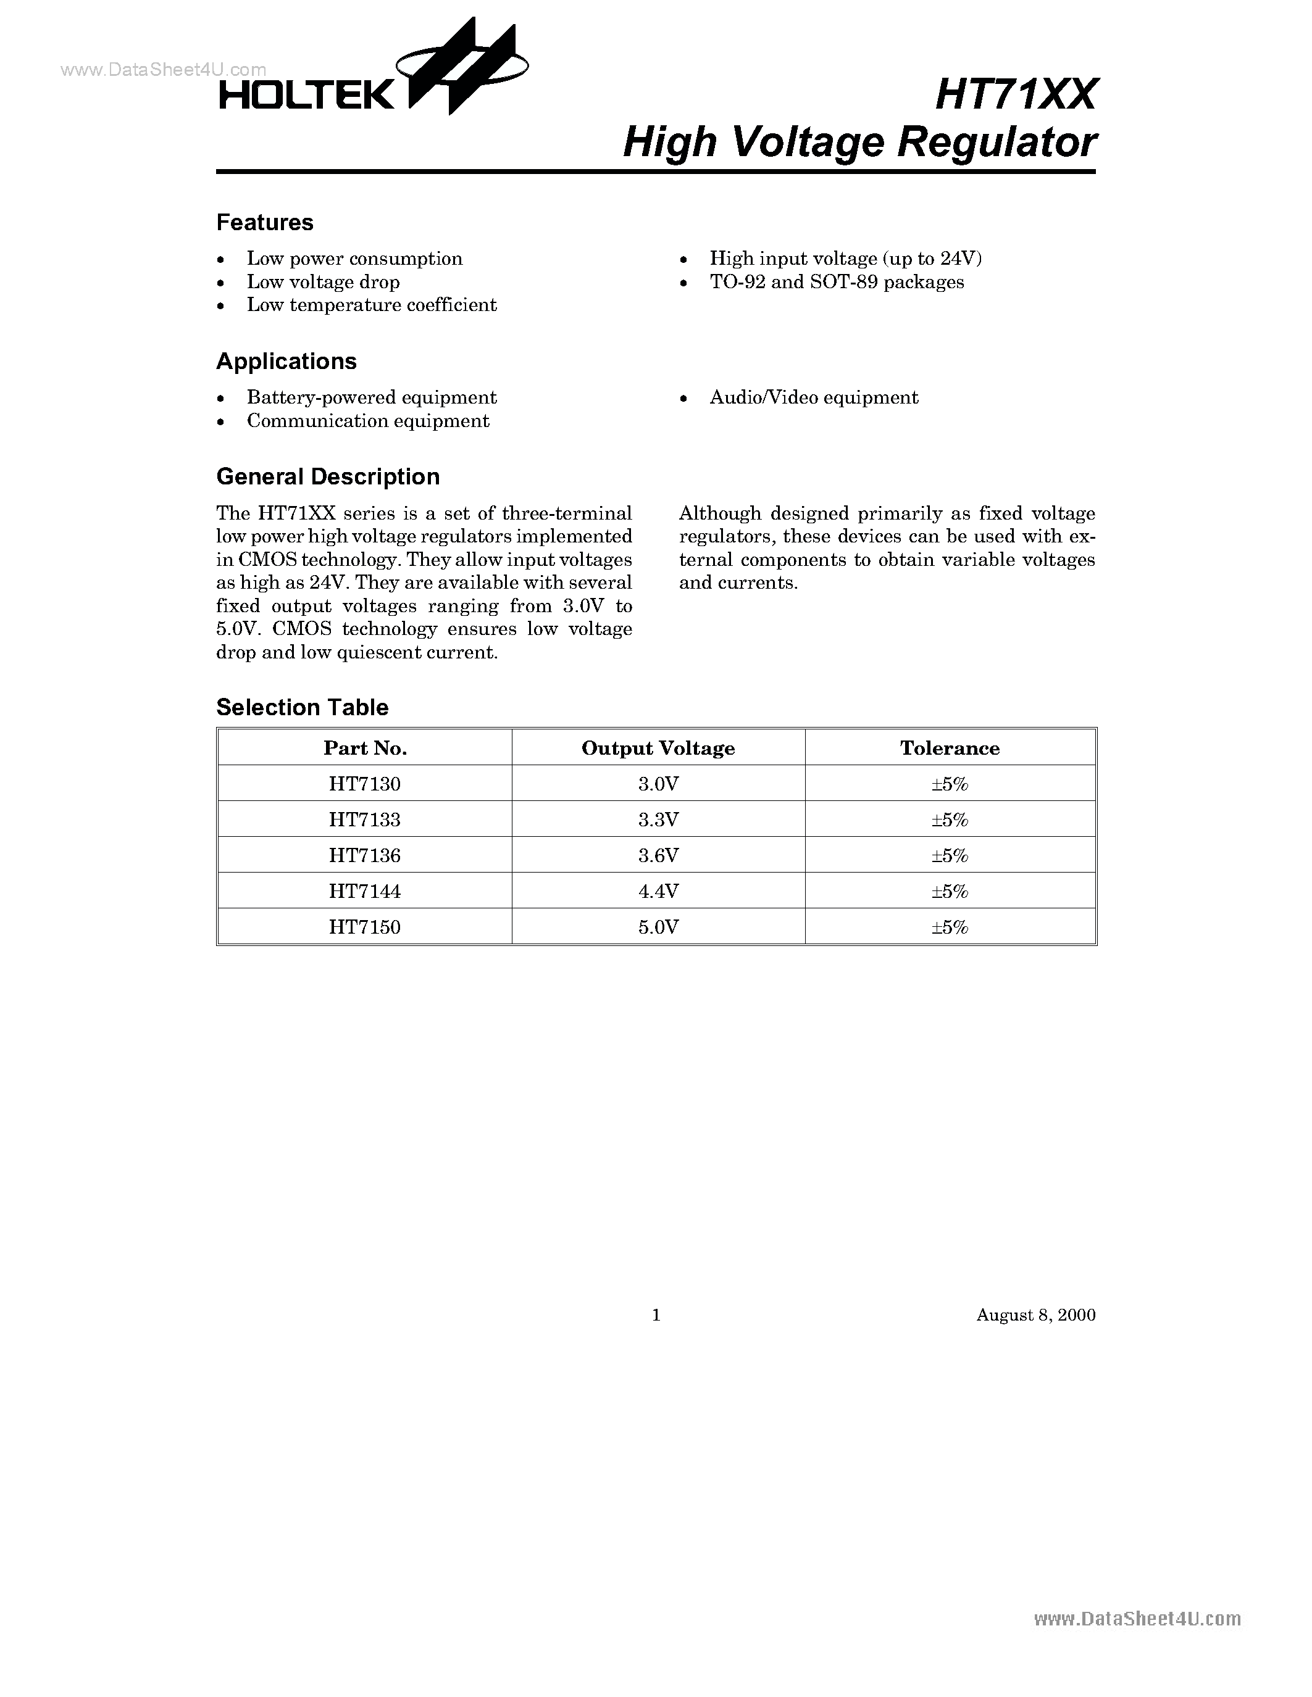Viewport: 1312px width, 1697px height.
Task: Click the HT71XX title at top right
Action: pyautogui.click(x=1015, y=95)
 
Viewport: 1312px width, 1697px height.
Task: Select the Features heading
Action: pyautogui.click(x=264, y=222)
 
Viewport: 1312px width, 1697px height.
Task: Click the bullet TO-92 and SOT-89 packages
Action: pyautogui.click(x=837, y=282)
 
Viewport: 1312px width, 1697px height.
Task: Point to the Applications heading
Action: pyautogui.click(x=286, y=362)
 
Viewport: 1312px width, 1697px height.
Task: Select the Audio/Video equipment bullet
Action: pyautogui.click(x=813, y=398)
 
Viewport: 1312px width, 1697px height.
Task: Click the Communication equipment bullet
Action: pyautogui.click(x=367, y=421)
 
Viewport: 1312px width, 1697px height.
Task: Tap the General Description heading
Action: pyautogui.click(x=327, y=476)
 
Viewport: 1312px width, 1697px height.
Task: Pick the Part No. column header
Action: pyautogui.click(x=364, y=749)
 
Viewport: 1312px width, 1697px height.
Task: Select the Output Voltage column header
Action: pyautogui.click(x=658, y=749)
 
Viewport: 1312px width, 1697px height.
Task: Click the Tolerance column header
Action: pyautogui.click(x=949, y=749)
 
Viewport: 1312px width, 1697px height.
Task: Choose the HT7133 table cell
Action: pyautogui.click(x=364, y=819)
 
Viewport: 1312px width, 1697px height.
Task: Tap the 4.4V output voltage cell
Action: pyautogui.click(x=658, y=891)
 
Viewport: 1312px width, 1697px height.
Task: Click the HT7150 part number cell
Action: pyautogui.click(x=364, y=927)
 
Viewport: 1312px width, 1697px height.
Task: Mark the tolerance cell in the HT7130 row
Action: pyautogui.click(x=949, y=784)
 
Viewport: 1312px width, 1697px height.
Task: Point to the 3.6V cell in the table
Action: pyautogui.click(x=658, y=855)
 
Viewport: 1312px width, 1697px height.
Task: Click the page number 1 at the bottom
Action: pyautogui.click(x=656, y=1314)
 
